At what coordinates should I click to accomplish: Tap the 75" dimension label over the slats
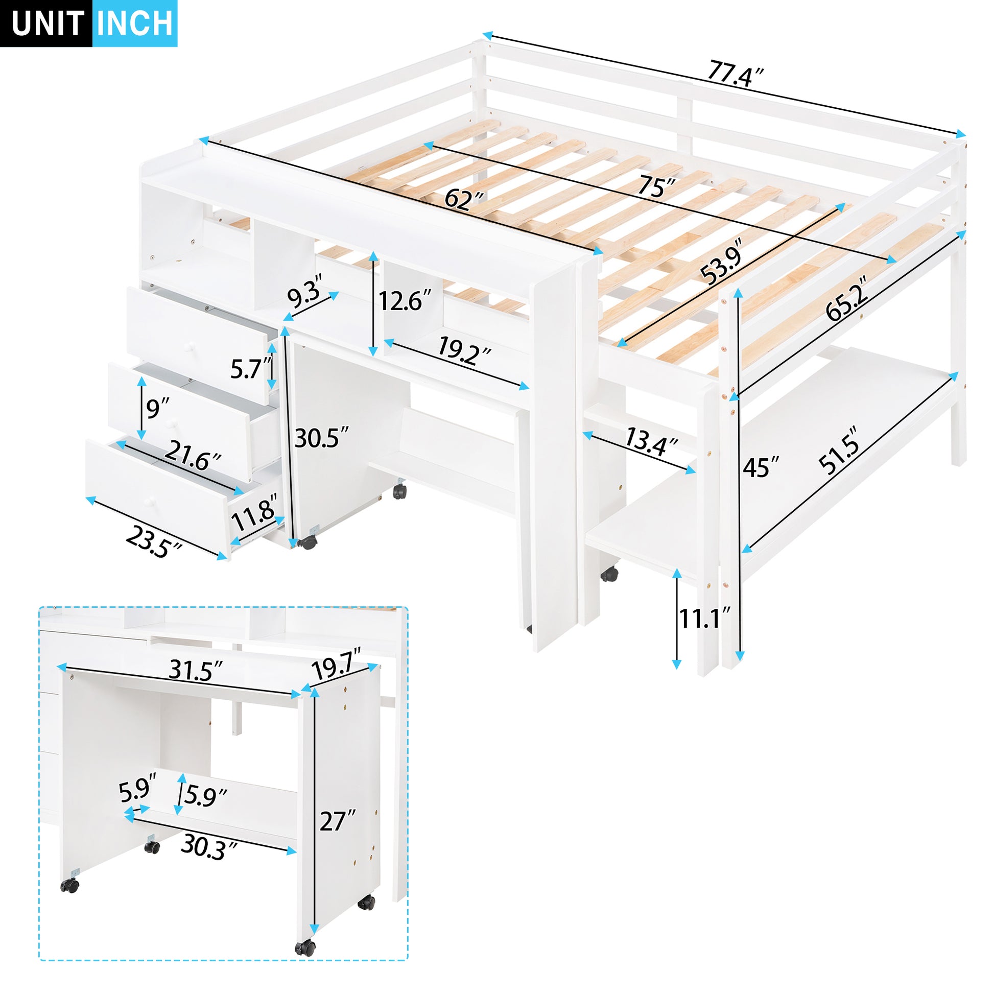pyautogui.click(x=656, y=186)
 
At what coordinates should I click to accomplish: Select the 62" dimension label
pyautogui.click(x=464, y=199)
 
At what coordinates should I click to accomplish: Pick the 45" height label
pyautogui.click(x=760, y=467)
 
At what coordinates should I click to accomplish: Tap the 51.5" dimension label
pyautogui.click(x=839, y=457)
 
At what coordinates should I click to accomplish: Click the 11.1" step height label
pyautogui.click(x=704, y=618)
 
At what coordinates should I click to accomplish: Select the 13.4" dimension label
pyautogui.click(x=651, y=441)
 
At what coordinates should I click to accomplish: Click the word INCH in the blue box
pyautogui.click(x=135, y=23)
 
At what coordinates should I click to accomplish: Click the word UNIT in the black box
pyautogui.click(x=48, y=23)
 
